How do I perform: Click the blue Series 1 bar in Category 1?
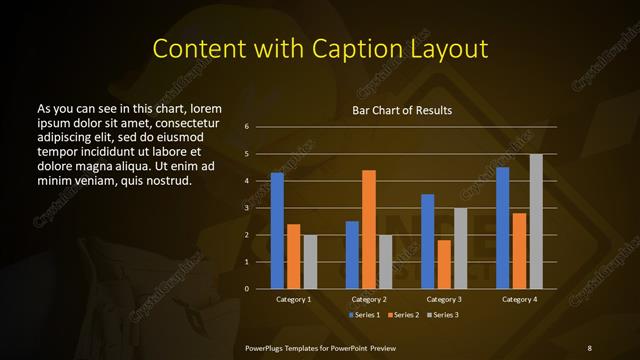pos(277,230)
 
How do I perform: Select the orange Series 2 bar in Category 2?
pos(369,229)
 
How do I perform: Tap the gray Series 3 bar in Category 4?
pos(537,221)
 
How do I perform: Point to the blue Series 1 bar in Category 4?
pos(503,228)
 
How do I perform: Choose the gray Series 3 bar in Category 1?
pos(310,261)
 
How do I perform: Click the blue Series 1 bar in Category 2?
pos(352,255)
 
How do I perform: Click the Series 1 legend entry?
pos(364,315)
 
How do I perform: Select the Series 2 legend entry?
pos(403,315)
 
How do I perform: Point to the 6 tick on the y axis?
pos(246,127)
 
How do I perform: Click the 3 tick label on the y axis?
pos(246,208)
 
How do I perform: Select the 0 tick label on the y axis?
pos(246,289)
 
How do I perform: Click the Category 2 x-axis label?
pos(368,299)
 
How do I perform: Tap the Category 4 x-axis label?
pos(520,299)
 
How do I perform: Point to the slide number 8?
pos(589,346)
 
